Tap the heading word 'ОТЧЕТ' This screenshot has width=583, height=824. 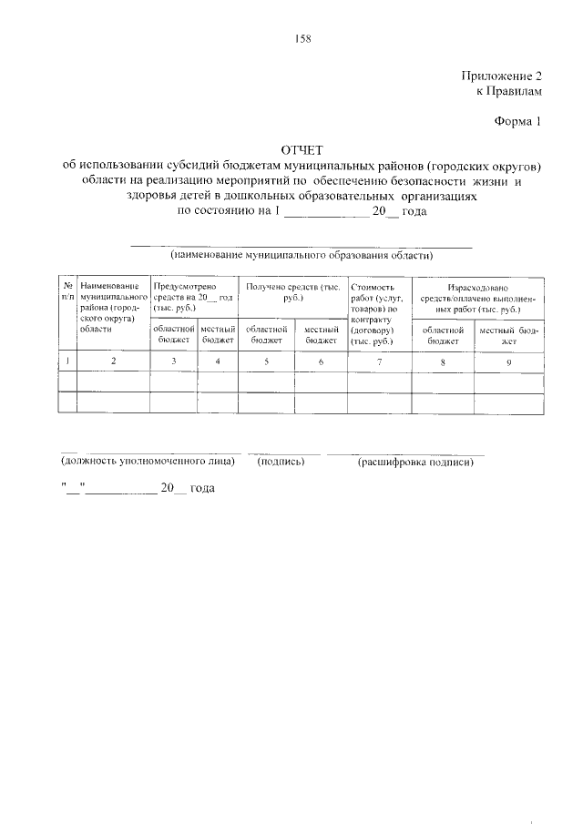coord(302,150)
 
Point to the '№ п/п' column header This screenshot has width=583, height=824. coord(67,291)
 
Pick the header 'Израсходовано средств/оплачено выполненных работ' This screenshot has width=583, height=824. coord(477,297)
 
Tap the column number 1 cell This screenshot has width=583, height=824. coord(67,361)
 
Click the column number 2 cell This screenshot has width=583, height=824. coord(113,361)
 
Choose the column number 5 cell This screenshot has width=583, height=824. coord(266,361)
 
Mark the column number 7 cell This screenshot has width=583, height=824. coord(379,361)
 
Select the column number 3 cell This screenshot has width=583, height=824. coord(173,361)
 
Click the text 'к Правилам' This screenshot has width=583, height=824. coord(508,92)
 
